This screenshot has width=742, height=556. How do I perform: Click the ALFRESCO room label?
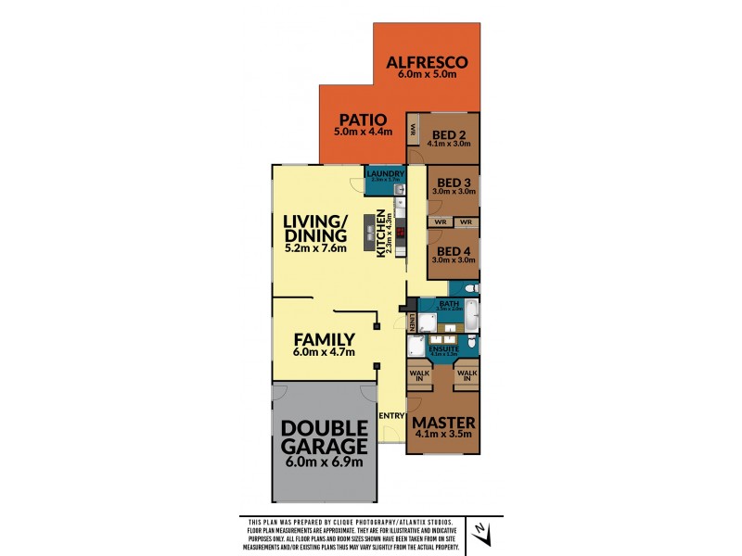point(428,63)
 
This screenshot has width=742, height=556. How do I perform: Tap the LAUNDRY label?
point(384,173)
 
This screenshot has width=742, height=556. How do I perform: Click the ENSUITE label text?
point(444,347)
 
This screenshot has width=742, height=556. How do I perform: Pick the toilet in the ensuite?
point(472,345)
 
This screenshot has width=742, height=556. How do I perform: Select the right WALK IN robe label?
point(467,375)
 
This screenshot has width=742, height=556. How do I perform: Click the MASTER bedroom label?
point(444,423)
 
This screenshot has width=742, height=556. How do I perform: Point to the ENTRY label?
point(391,415)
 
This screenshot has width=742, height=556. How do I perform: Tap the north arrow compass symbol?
point(480,532)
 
